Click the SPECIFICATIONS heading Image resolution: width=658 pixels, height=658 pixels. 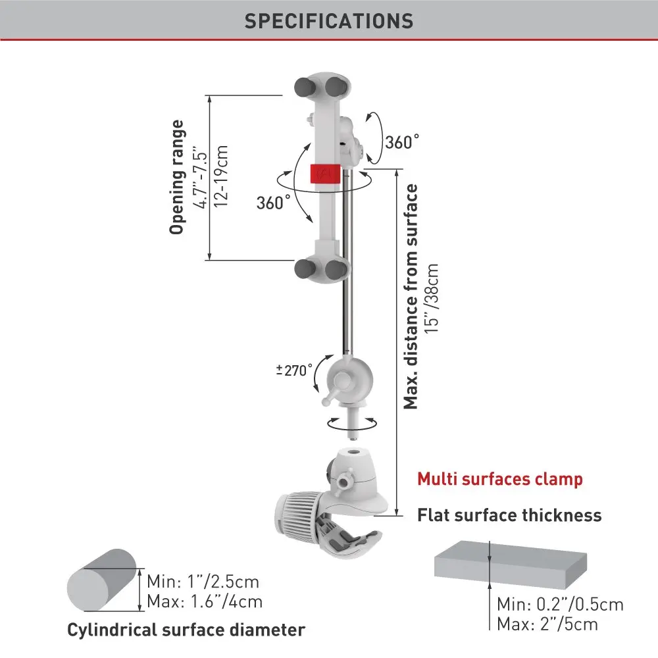click(x=329, y=20)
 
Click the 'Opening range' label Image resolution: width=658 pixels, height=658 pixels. click(x=176, y=176)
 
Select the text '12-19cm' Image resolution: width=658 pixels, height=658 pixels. click(x=222, y=176)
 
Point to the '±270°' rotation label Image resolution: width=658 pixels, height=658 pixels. click(x=293, y=370)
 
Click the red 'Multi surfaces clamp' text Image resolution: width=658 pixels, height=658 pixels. click(x=500, y=478)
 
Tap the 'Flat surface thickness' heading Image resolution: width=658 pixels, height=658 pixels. click(x=509, y=515)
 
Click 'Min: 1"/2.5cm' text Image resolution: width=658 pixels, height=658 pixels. click(x=203, y=582)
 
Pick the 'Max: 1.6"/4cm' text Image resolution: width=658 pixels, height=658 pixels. click(x=205, y=601)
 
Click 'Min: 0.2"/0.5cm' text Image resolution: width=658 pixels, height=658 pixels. click(x=560, y=604)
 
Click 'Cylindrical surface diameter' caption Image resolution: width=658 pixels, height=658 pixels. click(x=186, y=630)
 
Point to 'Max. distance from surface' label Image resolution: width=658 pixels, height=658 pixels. click(x=411, y=296)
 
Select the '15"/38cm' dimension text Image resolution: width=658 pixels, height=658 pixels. click(x=432, y=299)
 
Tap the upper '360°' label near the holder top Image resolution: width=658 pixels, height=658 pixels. click(x=402, y=141)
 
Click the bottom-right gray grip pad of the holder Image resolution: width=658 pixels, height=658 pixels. click(x=337, y=268)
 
